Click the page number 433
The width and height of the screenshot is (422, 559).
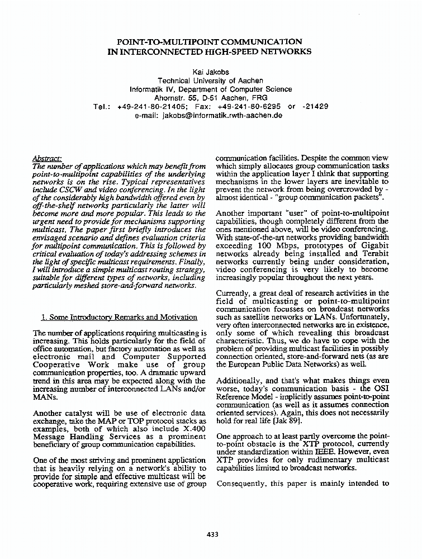[212, 534]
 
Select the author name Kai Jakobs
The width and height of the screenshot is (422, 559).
[210, 72]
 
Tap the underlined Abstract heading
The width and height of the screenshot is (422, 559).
[48, 159]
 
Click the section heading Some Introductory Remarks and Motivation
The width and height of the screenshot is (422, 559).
[119, 318]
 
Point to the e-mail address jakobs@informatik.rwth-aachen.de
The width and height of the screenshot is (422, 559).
[222, 115]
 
